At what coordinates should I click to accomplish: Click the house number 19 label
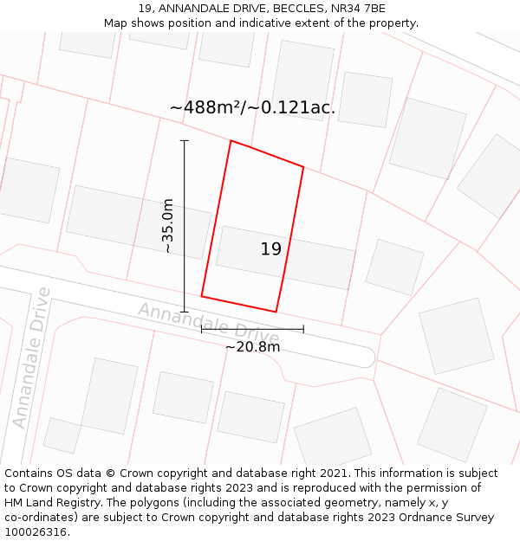click(270, 249)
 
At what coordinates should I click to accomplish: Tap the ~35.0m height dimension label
click(168, 226)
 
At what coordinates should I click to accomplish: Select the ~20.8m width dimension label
click(252, 347)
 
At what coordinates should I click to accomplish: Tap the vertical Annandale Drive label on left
click(30, 357)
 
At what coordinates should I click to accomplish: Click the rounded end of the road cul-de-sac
click(367, 357)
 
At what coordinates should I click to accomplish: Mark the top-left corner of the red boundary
click(231, 140)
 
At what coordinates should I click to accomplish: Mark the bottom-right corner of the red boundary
click(276, 312)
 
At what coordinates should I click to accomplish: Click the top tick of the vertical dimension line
click(184, 140)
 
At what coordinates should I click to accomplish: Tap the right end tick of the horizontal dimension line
click(303, 329)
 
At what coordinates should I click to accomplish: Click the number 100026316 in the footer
click(36, 531)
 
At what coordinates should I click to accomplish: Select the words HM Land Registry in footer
click(45, 502)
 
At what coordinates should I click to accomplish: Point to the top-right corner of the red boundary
click(303, 167)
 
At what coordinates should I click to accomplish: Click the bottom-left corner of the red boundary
click(202, 296)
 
